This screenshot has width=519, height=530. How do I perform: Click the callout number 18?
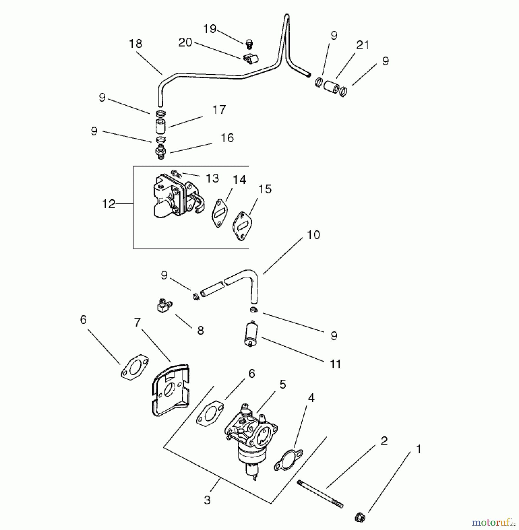click(136, 44)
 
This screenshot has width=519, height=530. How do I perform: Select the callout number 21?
click(363, 45)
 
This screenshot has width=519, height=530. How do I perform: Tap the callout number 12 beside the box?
click(108, 204)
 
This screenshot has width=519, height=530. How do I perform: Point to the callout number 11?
click(335, 364)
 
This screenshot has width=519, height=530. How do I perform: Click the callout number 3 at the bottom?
click(207, 500)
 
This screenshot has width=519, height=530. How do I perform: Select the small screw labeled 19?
click(249, 44)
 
